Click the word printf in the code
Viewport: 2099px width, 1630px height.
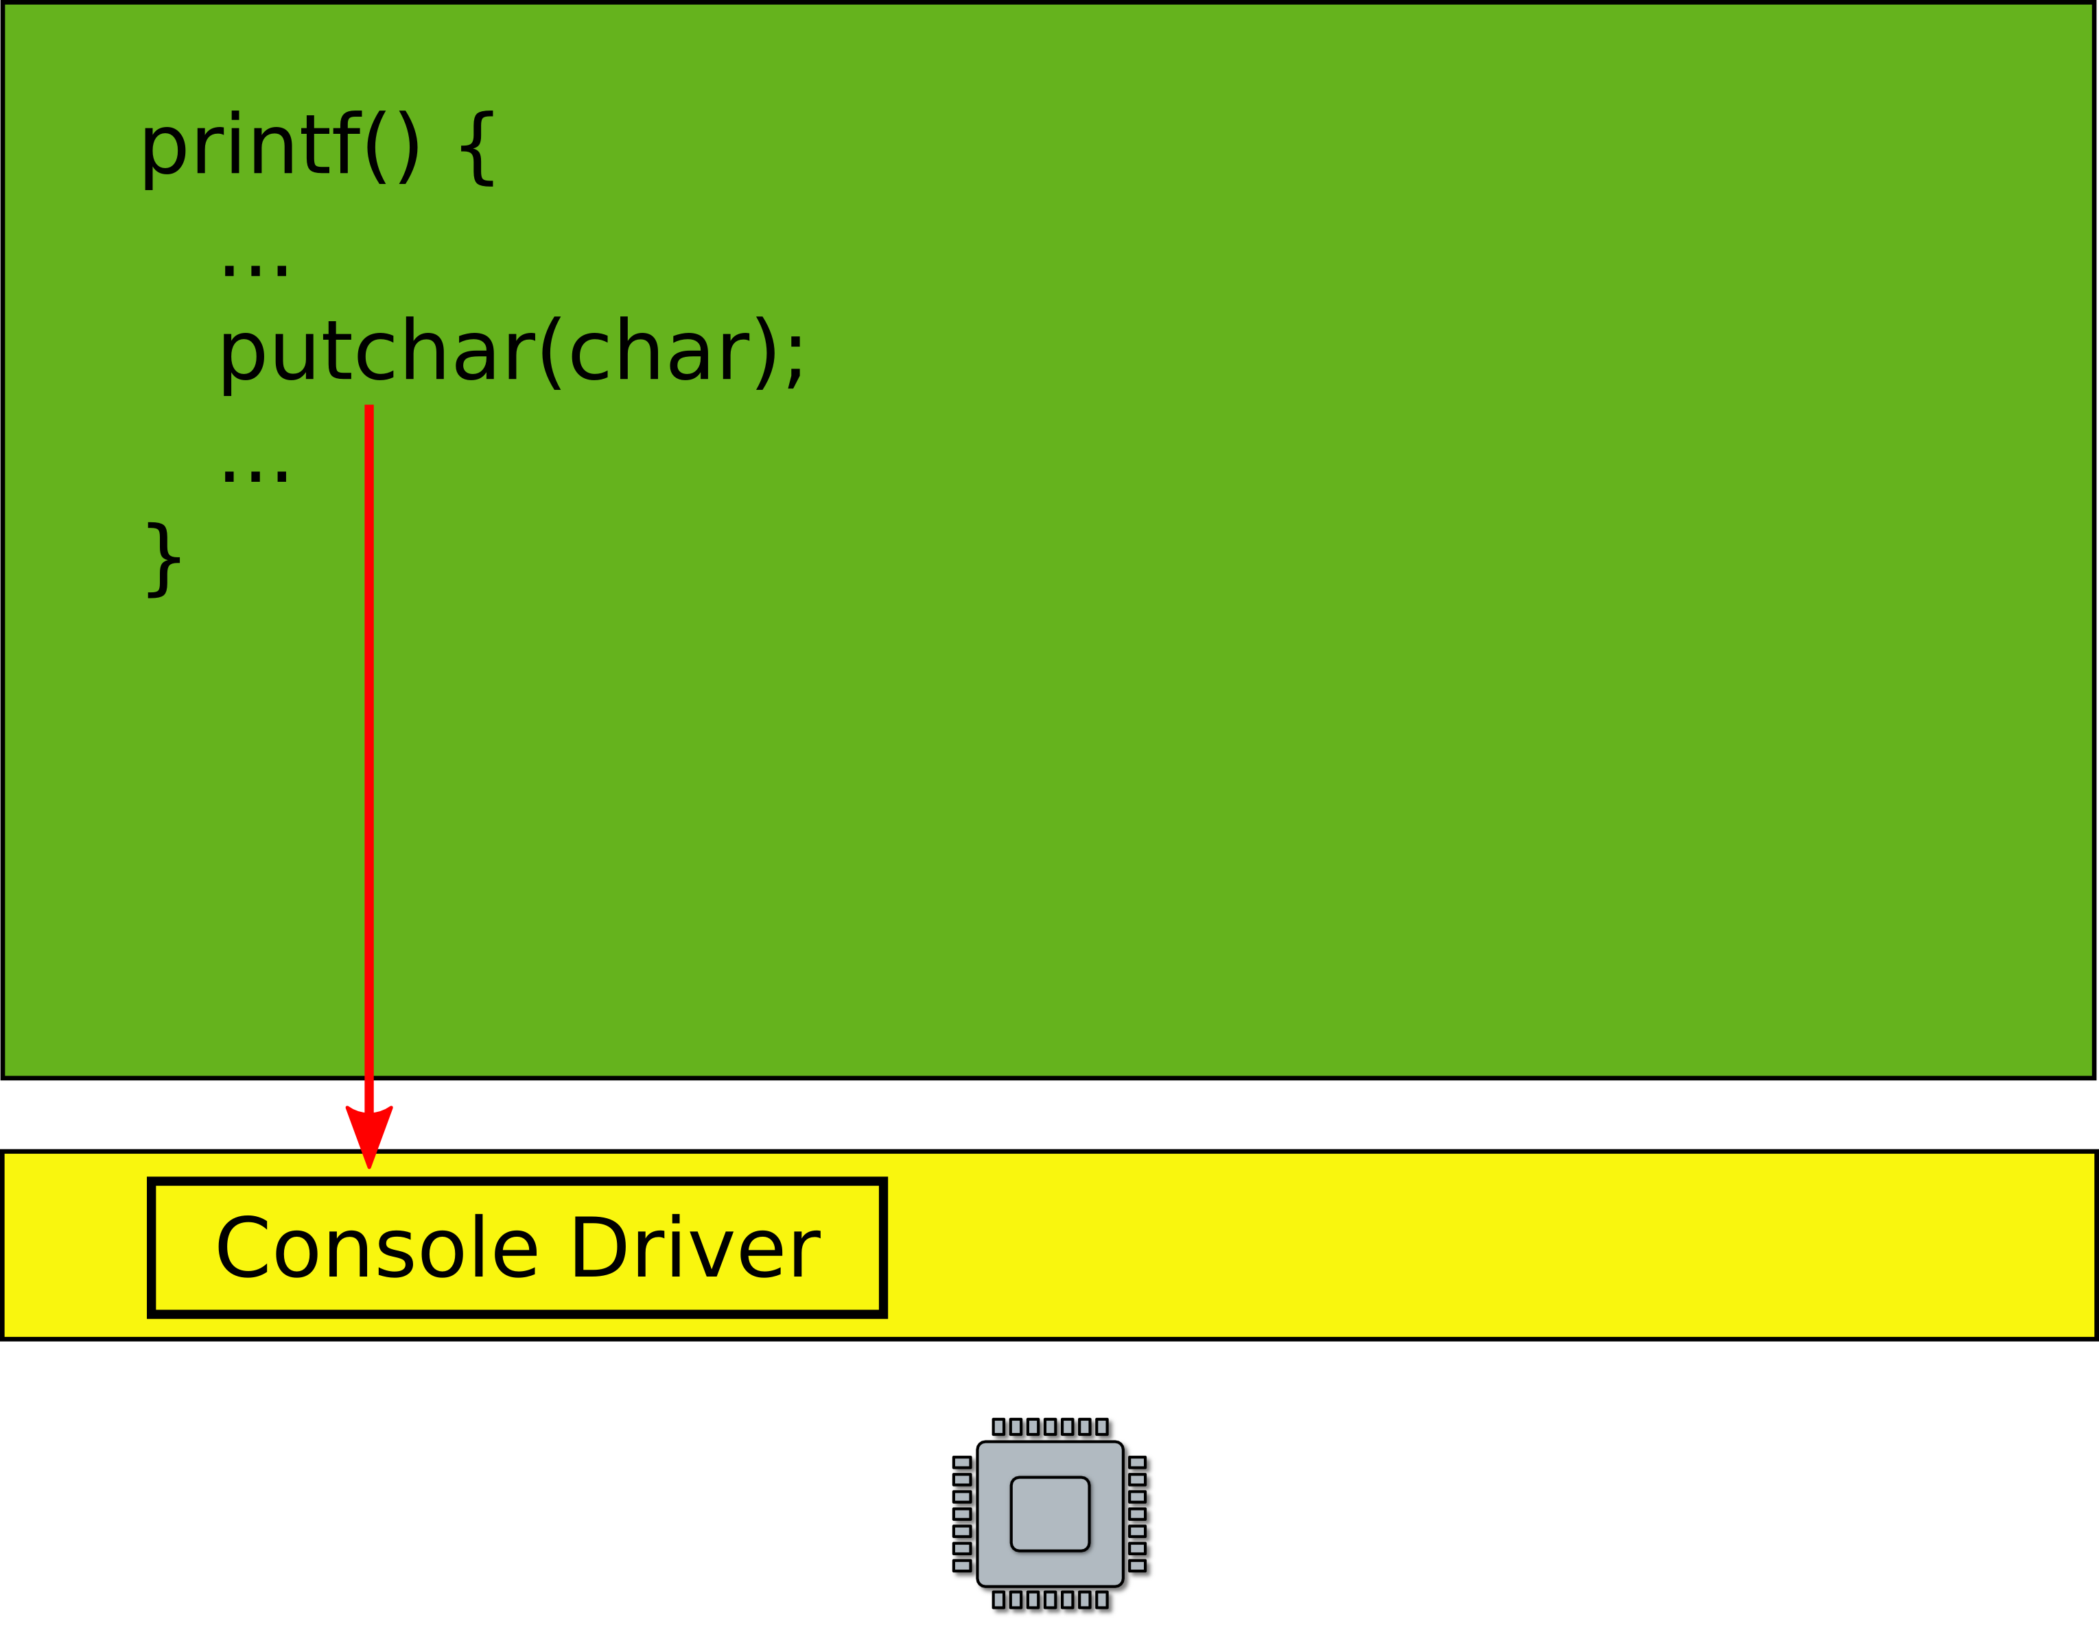[x=250, y=146]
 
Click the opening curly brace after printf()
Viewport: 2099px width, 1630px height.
[x=478, y=148]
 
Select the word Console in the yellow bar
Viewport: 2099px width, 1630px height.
[x=377, y=1248]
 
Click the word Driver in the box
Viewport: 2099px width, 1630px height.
[x=695, y=1248]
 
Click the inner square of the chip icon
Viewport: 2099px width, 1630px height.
[x=1050, y=1514]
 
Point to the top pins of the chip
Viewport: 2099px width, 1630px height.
[x=1053, y=1428]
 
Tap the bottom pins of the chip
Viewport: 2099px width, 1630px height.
[x=1053, y=1601]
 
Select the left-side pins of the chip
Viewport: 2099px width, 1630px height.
[x=962, y=1515]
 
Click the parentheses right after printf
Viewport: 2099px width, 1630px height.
[x=392, y=148]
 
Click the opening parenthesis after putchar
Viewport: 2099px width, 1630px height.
[x=551, y=353]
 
